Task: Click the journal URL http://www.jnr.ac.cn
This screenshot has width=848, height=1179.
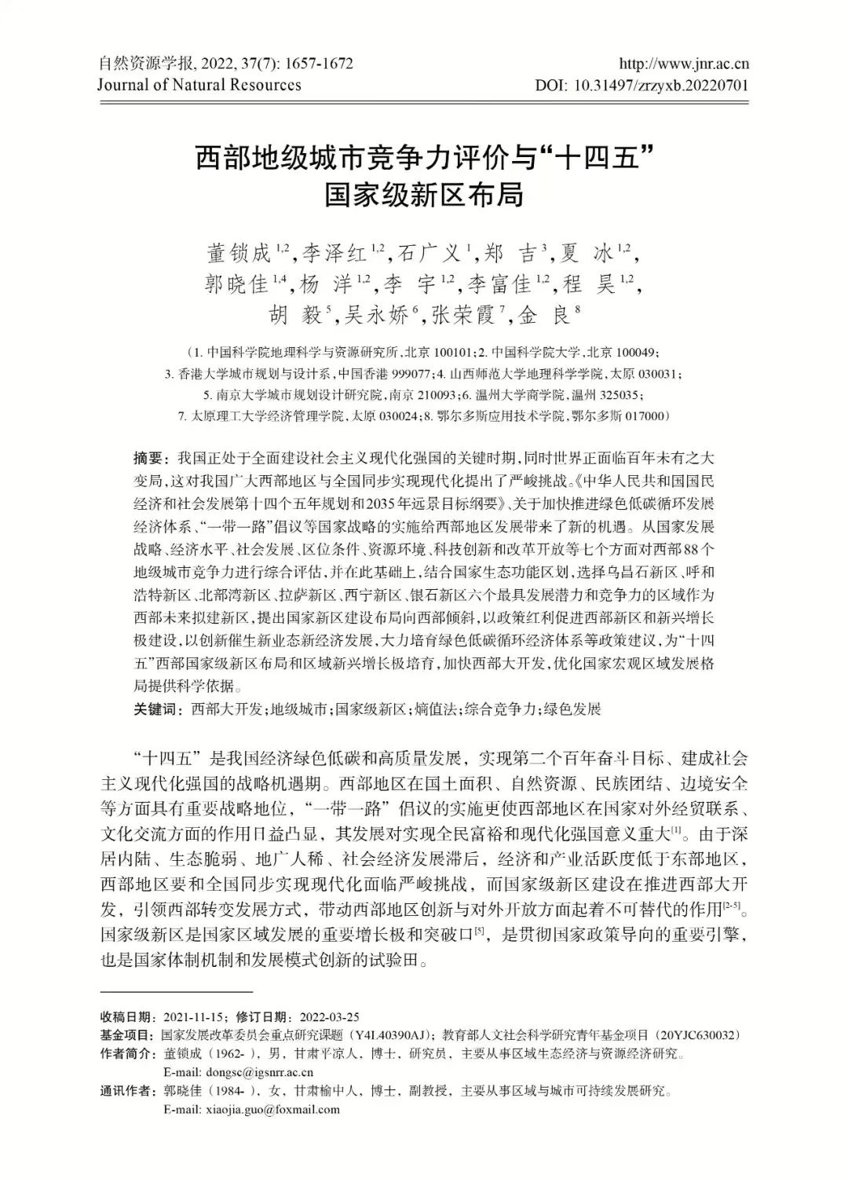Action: click(x=683, y=64)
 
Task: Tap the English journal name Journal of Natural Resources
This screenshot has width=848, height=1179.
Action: click(x=199, y=85)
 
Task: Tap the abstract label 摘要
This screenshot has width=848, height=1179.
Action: click(x=147, y=457)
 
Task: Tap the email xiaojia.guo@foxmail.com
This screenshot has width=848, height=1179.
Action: click(x=251, y=1109)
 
